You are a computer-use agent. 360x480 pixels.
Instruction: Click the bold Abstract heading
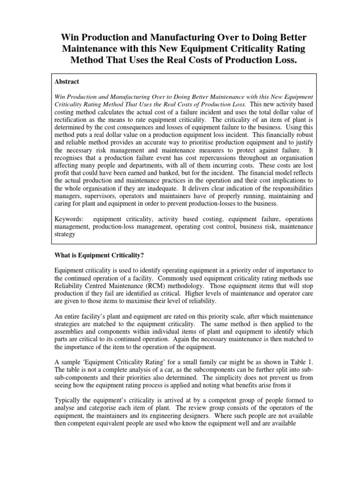click(x=67, y=81)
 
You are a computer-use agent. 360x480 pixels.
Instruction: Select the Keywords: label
click(x=69, y=219)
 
